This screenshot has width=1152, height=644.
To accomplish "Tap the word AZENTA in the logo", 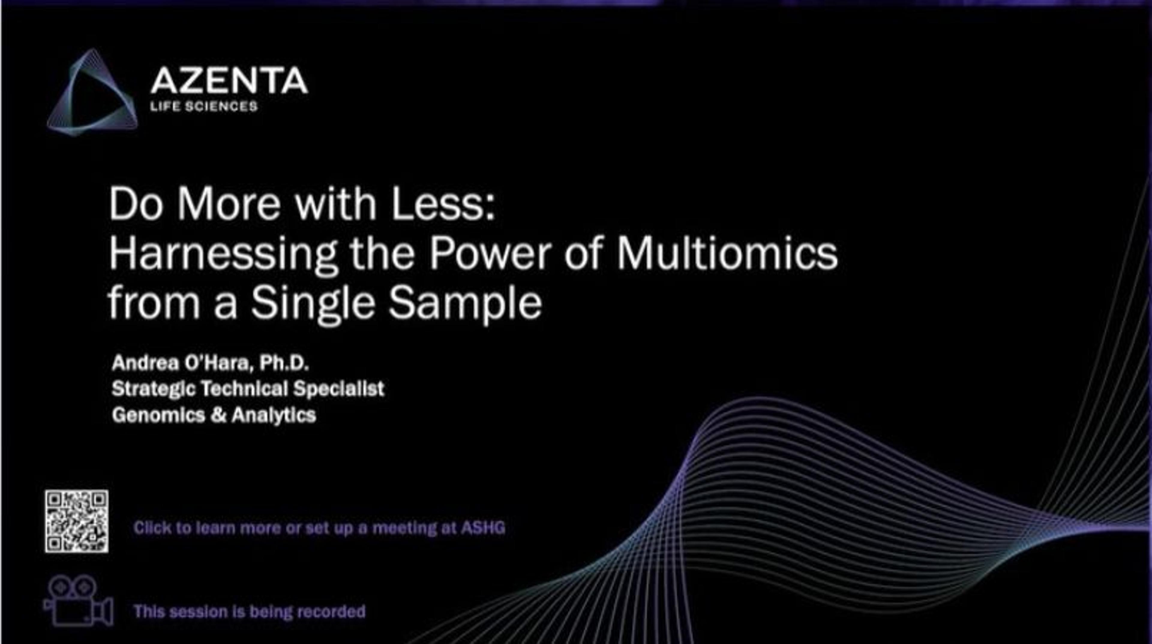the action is [229, 81].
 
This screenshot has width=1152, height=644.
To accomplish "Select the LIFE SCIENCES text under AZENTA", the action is [204, 106].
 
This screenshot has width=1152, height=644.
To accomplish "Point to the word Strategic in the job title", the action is [153, 389].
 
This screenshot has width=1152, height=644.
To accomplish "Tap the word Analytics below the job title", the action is [274, 415].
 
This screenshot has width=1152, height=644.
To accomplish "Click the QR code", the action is [76, 521].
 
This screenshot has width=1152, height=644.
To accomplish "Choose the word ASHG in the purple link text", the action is [483, 528].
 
